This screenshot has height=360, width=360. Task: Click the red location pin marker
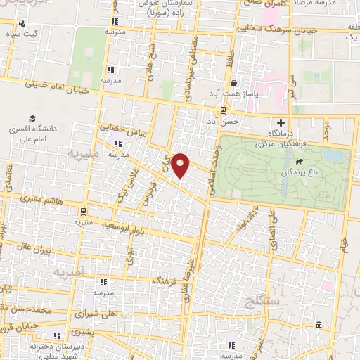[x=181, y=165]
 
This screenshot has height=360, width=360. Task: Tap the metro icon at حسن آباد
[x=223, y=110]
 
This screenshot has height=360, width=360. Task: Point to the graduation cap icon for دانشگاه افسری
[x=32, y=119]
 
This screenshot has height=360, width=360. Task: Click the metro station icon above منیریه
[x=83, y=210]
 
